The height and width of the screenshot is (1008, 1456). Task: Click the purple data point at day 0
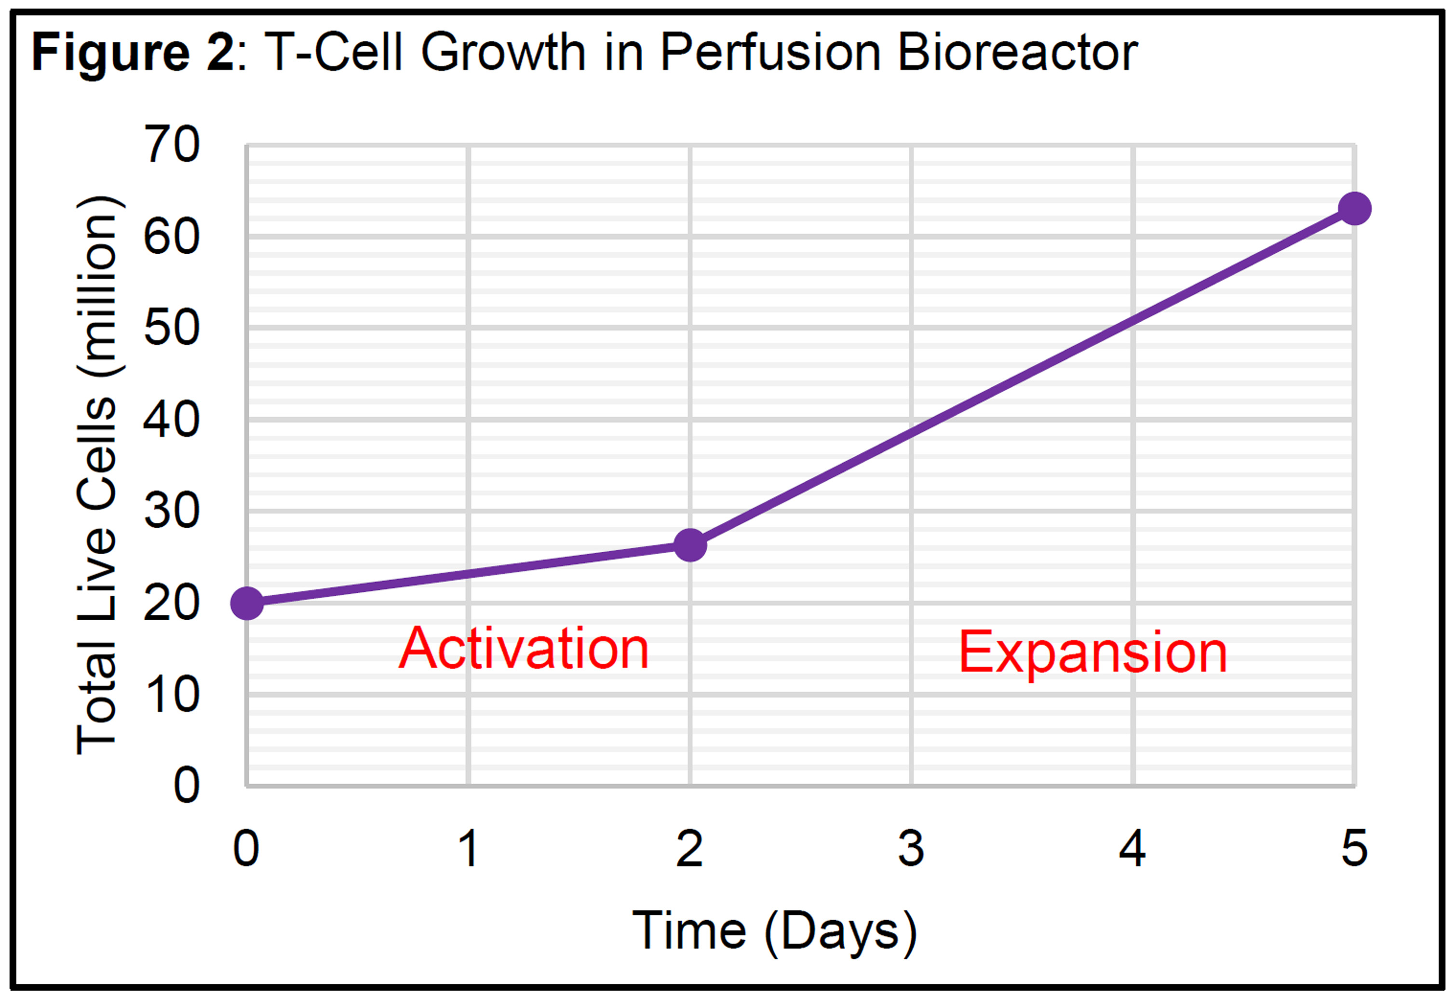[x=247, y=603]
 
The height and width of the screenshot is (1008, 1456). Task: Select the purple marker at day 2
[x=690, y=545]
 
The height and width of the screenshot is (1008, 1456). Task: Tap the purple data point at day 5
[x=1354, y=208]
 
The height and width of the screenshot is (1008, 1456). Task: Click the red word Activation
[x=524, y=649]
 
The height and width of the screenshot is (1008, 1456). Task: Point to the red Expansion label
[x=1093, y=653]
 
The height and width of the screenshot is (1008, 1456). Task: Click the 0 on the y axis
[x=187, y=786]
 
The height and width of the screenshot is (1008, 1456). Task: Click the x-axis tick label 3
[x=911, y=848]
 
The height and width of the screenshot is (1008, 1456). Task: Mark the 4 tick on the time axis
[x=1132, y=848]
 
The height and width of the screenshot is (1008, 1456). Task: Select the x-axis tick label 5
[x=1354, y=848]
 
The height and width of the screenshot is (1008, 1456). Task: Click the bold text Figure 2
[x=133, y=54]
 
